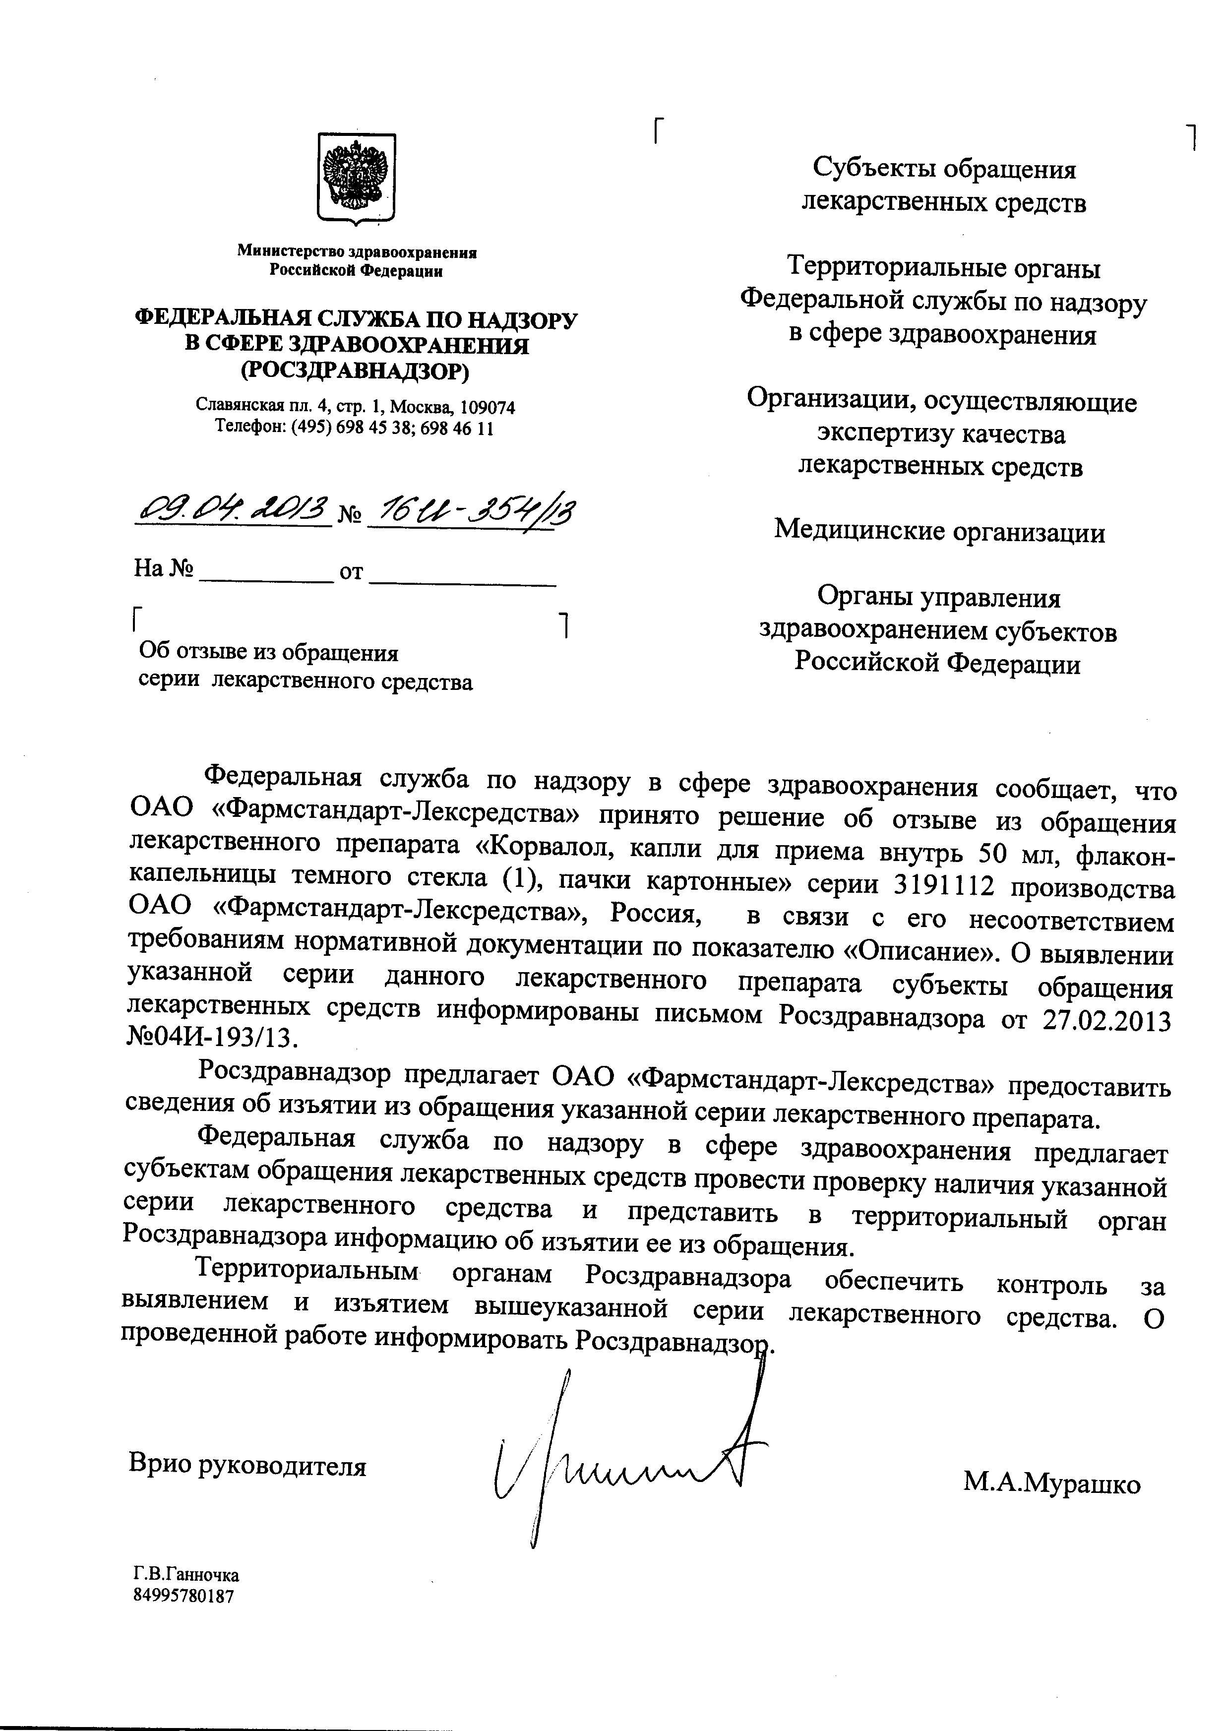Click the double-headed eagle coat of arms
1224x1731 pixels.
(356, 179)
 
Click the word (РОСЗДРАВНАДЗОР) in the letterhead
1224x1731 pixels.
(356, 370)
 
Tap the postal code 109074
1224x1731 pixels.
(487, 408)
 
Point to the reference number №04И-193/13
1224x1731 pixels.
(209, 1039)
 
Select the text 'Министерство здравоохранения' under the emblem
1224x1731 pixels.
(357, 252)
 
